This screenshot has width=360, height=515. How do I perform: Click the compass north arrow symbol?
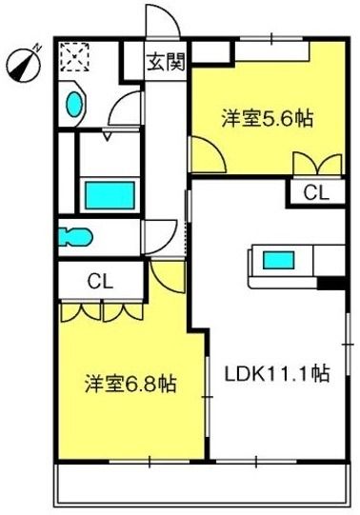[x=25, y=64]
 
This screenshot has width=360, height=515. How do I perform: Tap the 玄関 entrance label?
[x=166, y=62]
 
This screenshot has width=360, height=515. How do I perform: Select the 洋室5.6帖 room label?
[x=267, y=119]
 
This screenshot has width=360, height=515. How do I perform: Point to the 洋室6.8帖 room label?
[x=131, y=384]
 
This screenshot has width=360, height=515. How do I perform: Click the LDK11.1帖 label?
[x=276, y=373]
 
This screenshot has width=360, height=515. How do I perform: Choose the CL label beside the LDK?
[x=316, y=193]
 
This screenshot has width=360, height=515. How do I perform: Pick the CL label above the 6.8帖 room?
[x=101, y=281]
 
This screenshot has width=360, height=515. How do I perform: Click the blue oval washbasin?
[x=74, y=104]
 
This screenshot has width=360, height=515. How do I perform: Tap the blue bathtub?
[x=110, y=195]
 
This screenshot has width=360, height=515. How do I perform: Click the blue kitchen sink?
[x=278, y=260]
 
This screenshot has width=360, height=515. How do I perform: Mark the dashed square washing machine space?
[x=75, y=57]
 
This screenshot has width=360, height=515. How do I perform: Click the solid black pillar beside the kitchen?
[x=331, y=283]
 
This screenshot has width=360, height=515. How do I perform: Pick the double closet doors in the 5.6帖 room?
[x=318, y=163]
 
